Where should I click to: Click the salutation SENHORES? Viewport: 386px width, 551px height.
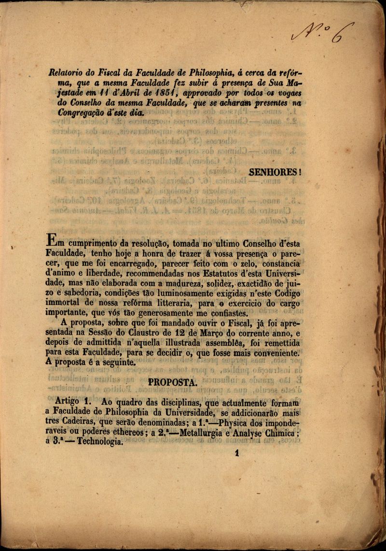pos(275,172)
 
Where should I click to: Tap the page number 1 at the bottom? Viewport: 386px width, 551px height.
pos(236,453)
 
